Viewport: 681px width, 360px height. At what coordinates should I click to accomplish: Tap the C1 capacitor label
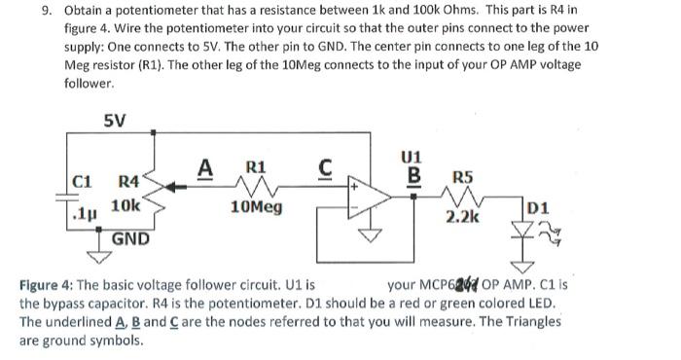coord(85,180)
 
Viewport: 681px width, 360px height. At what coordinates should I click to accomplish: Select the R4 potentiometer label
coord(130,181)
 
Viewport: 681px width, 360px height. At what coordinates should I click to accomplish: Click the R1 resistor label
coord(255,166)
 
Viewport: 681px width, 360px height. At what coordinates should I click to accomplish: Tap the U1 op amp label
coord(412,157)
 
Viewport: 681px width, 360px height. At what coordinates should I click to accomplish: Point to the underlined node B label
coord(412,176)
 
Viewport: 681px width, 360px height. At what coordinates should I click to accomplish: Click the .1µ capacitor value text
coord(87,208)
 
